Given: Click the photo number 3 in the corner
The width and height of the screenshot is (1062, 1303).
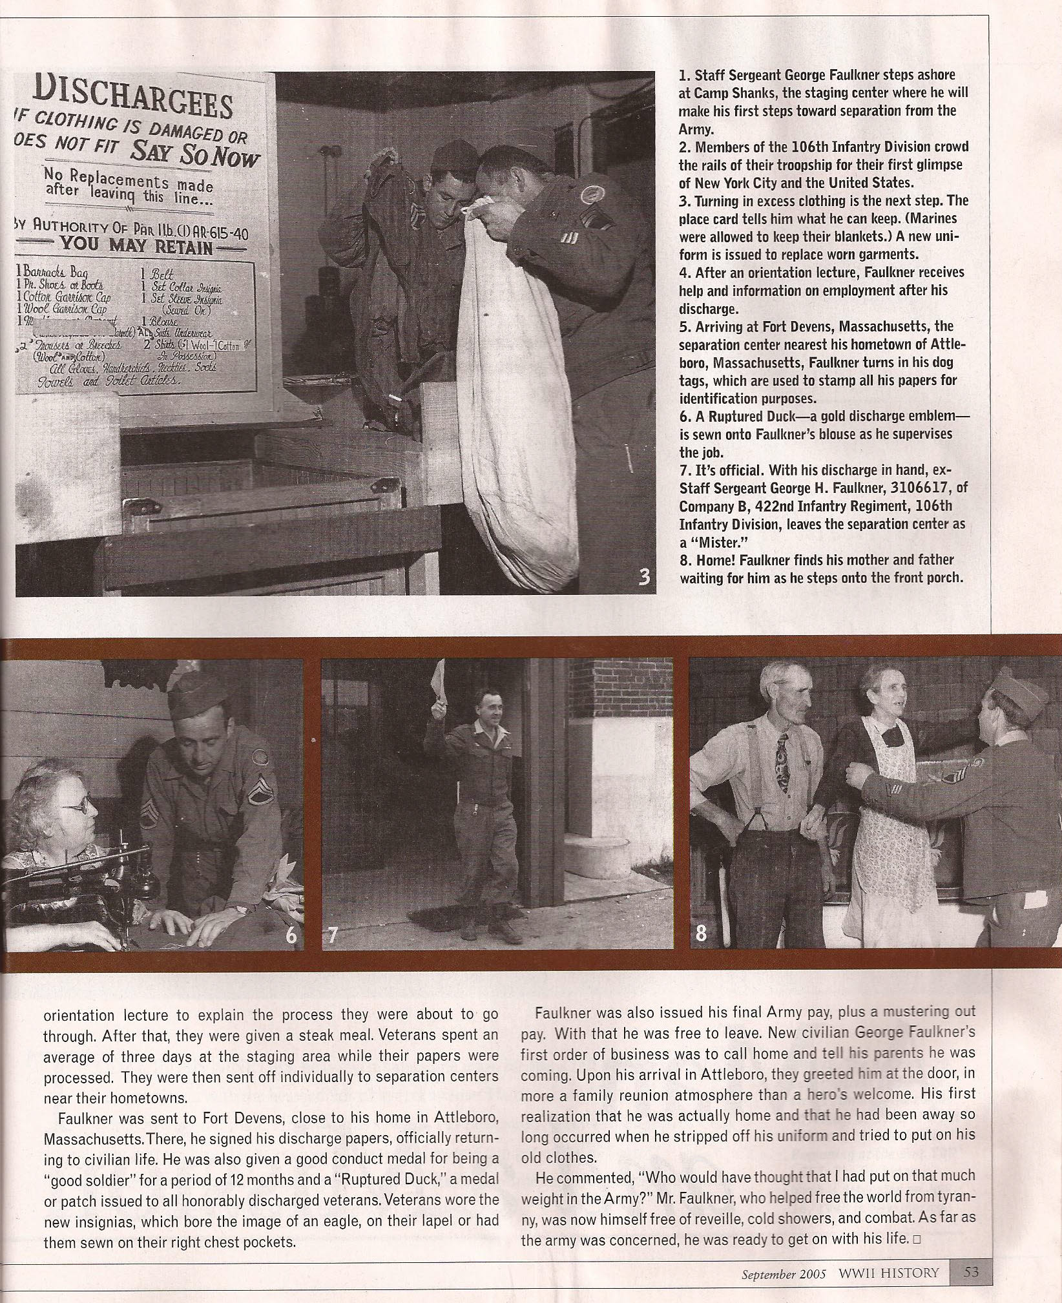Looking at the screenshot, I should (x=643, y=576).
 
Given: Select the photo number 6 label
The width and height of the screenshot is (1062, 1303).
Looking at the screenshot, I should (x=291, y=935).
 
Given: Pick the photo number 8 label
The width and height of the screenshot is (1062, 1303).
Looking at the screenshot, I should (x=701, y=933).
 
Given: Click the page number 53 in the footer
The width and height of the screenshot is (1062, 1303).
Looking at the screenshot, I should (x=971, y=1272).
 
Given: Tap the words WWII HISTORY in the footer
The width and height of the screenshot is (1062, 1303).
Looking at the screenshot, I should (x=888, y=1273).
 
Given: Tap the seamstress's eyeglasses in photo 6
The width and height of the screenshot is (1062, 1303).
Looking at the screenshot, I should (x=78, y=805).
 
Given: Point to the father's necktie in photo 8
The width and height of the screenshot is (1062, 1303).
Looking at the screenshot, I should (x=782, y=762).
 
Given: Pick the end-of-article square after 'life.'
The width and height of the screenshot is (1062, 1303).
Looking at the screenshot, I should (x=917, y=1240).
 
